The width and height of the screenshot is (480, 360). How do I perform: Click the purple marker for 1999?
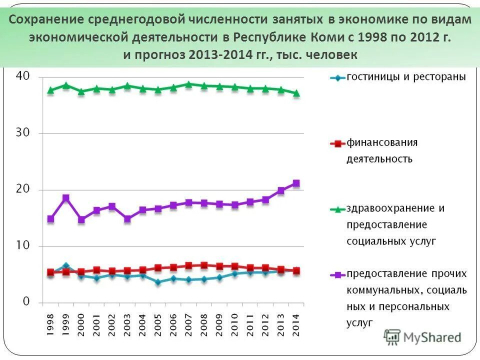(66, 198)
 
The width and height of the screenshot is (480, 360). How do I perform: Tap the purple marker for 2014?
(296, 183)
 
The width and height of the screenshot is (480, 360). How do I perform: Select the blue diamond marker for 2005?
(158, 282)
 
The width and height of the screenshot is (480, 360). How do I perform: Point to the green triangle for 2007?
(188, 84)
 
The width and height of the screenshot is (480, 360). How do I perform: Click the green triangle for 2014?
(296, 93)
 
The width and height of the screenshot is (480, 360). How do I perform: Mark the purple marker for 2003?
(127, 219)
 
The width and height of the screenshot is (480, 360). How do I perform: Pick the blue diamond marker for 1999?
(66, 266)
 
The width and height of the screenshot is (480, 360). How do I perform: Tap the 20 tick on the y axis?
(23, 189)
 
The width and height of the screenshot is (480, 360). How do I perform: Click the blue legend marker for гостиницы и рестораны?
(337, 77)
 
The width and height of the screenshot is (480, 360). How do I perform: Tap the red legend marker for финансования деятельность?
(337, 143)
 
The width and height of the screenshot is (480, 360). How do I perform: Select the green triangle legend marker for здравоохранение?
(337, 209)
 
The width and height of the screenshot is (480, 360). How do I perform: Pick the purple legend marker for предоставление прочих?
(337, 274)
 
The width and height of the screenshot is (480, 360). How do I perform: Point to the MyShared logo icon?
(393, 336)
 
